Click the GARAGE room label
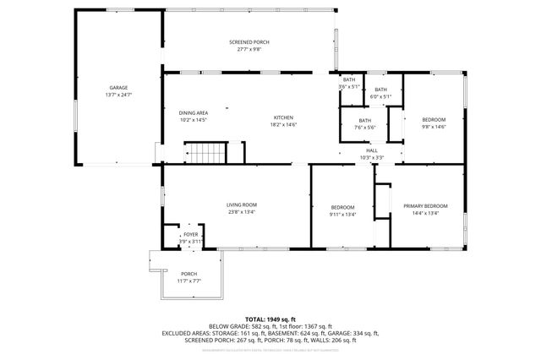(117, 88)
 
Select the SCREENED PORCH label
(250, 42)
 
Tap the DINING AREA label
(193, 113)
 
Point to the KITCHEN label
(283, 117)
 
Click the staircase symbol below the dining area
(207, 154)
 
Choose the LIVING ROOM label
(241, 205)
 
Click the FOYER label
(191, 235)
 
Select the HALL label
(372, 150)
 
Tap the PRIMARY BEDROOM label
(425, 206)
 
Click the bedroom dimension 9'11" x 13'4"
(342, 215)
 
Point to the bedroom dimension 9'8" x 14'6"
(434, 128)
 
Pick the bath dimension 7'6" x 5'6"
(364, 128)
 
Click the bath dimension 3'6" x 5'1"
(349, 86)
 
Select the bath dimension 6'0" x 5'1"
(380, 96)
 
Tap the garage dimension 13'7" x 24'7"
(117, 95)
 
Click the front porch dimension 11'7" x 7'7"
(189, 281)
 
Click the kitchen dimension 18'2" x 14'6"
(283, 124)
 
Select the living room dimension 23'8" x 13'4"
(241, 213)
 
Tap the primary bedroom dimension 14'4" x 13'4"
(425, 214)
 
